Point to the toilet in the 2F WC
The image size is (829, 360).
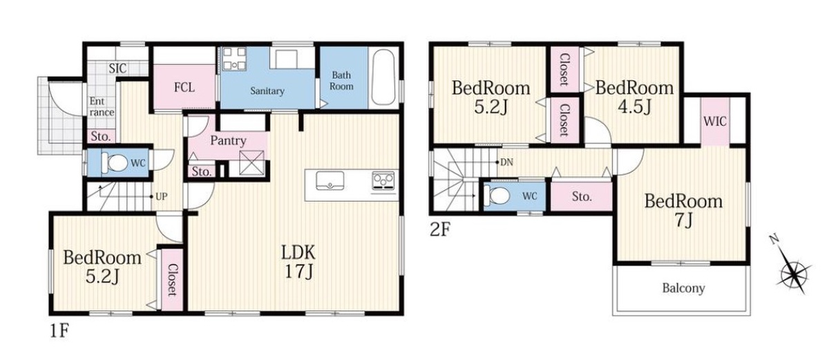(x=498, y=196)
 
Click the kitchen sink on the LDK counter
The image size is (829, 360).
(x=330, y=180)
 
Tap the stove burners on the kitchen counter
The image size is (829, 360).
(x=383, y=180)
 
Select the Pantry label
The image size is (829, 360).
(x=229, y=140)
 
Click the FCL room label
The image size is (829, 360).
(x=184, y=88)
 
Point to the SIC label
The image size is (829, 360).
(x=117, y=68)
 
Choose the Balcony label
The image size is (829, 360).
(x=683, y=288)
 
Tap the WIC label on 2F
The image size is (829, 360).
(x=714, y=122)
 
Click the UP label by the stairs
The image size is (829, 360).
(x=162, y=196)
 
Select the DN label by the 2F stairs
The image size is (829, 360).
(x=506, y=162)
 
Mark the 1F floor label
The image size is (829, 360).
(x=59, y=331)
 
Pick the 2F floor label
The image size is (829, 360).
(x=439, y=230)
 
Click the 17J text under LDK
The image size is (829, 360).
(x=298, y=272)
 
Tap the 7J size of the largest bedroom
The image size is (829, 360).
(x=683, y=221)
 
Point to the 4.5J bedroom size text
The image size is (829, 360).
(x=634, y=107)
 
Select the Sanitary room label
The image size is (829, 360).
(x=267, y=91)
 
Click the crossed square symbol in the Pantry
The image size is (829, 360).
(x=251, y=162)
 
